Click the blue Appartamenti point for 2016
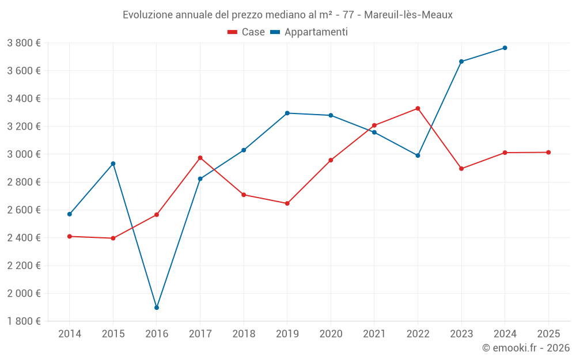pos(157,308)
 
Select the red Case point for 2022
pos(418,108)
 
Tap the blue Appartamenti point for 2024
pos(505,48)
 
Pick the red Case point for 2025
pos(548,152)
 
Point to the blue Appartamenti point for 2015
pos(113,164)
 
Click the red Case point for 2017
pos(200,158)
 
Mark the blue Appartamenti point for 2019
pos(287,113)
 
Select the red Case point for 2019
pos(287,203)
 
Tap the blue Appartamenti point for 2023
pos(461,61)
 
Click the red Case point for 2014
pos(70,236)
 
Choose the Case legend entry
pos(247,32)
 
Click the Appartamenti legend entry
pos(309,32)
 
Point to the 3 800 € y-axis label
pos(24,43)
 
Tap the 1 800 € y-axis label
pos(24,321)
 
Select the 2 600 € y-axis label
pos(24,210)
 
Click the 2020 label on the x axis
pos(331,334)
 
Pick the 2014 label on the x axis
pos(70,334)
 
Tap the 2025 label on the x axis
pos(548,334)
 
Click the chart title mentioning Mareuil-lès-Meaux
pos(287,15)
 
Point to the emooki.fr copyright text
pos(526,348)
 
